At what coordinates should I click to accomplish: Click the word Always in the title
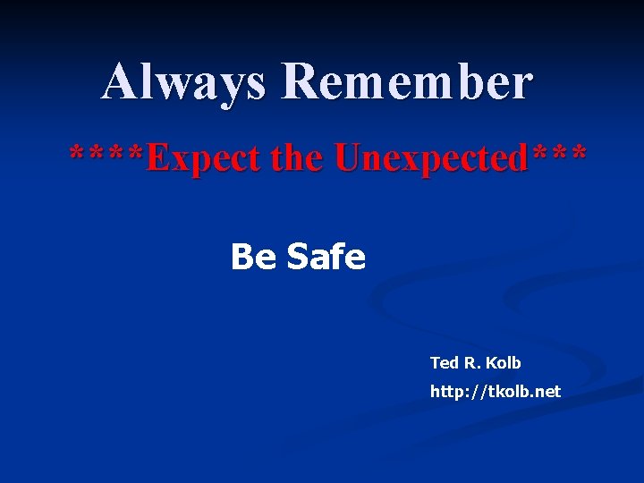pos(183,82)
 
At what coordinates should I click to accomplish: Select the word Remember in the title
pos(407,82)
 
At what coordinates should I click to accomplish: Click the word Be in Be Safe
pos(254,258)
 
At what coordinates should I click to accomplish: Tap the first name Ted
pos(444,363)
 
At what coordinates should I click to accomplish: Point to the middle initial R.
pos(470,363)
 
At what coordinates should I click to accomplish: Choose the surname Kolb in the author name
pos(503,363)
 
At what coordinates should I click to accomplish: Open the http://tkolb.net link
pos(496,392)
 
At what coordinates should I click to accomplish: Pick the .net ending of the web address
pos(546,392)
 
